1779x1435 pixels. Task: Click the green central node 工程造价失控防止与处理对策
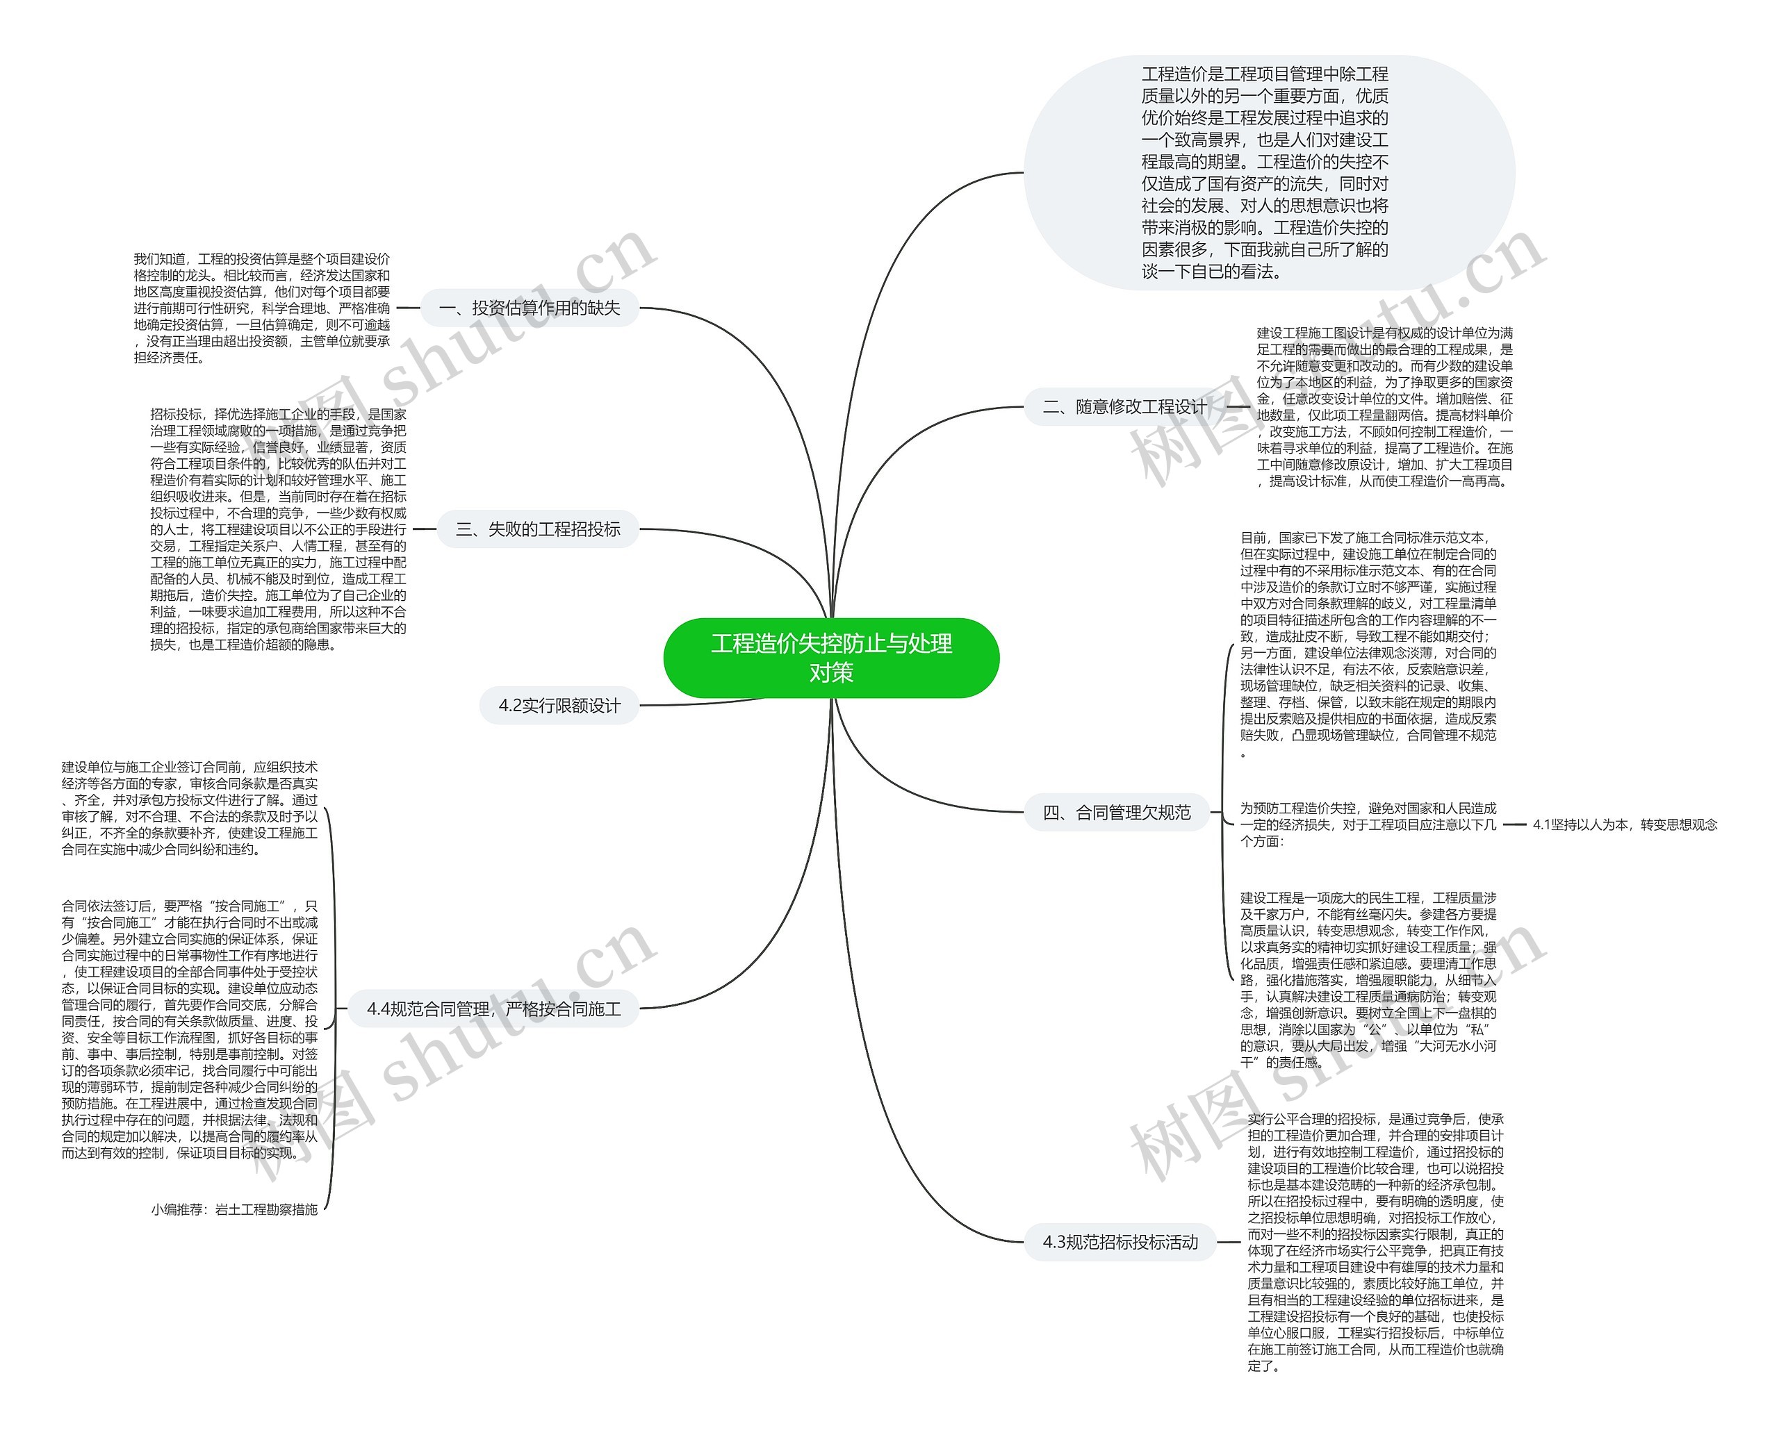831,658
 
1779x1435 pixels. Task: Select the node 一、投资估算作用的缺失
530,308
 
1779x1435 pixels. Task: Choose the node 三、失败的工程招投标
538,529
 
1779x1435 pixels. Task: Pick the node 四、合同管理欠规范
1117,813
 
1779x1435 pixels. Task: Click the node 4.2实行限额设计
559,706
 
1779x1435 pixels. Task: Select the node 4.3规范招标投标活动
1120,1242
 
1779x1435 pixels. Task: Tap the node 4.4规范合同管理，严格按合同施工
494,1009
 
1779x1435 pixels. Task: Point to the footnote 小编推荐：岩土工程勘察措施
234,1209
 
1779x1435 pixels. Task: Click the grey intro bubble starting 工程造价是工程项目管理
1265,173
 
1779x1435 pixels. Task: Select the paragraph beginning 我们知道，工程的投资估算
261,308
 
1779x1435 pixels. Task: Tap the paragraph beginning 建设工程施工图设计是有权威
1384,407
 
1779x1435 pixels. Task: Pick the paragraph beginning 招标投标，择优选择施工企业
278,529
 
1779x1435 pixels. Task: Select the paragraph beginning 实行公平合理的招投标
1375,1242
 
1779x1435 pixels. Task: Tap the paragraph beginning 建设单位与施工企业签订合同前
190,808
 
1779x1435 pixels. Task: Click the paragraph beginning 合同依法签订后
190,1029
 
